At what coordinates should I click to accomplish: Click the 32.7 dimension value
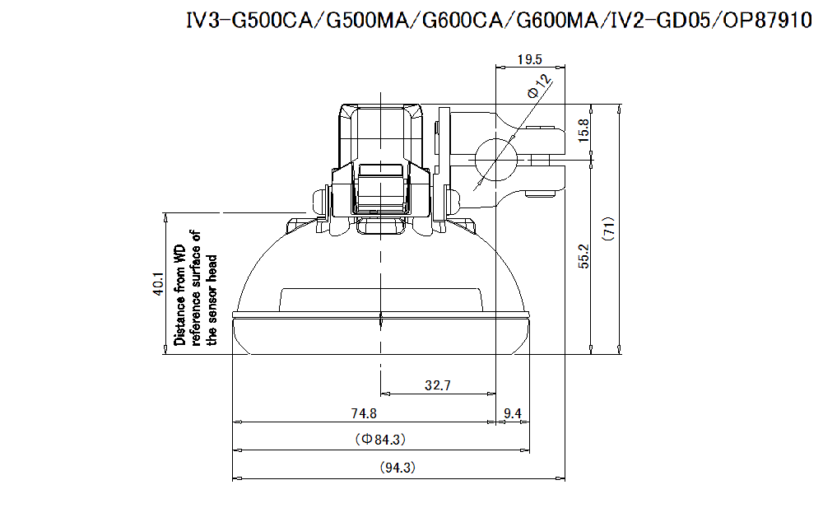(437, 385)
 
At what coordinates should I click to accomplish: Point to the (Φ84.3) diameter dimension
(381, 440)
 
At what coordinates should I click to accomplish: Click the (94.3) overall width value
(398, 468)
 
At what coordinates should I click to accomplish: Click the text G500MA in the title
(367, 21)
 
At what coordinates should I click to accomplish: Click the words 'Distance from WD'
(180, 294)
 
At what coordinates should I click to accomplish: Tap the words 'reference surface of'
(196, 287)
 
